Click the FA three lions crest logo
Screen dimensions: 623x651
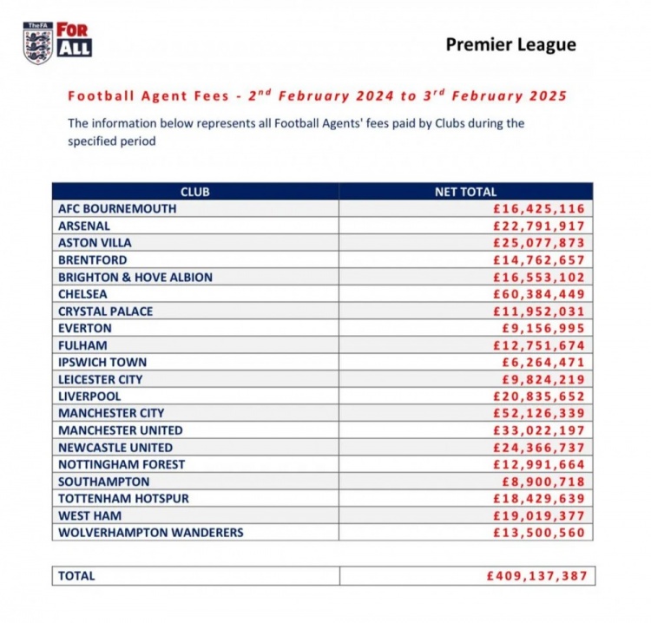[37, 43]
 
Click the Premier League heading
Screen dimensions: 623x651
[510, 45]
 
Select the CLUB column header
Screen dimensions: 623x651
[195, 192]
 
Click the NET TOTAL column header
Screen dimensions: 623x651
[465, 192]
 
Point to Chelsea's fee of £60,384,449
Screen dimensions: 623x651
[539, 294]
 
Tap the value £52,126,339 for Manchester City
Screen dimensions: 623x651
[539, 413]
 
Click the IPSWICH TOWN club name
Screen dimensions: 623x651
[102, 362]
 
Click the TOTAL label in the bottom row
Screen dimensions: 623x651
[76, 575]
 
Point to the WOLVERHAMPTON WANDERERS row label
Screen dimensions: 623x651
[151, 532]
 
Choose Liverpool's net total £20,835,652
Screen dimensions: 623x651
[539, 397]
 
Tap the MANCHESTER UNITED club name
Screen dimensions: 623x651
[121, 430]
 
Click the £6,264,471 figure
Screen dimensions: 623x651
[543, 362]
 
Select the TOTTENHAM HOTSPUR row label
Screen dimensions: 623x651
[123, 498]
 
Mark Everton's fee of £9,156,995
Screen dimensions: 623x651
[543, 328]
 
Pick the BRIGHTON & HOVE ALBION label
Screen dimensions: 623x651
[135, 277]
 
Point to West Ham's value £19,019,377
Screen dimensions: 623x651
[539, 515]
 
